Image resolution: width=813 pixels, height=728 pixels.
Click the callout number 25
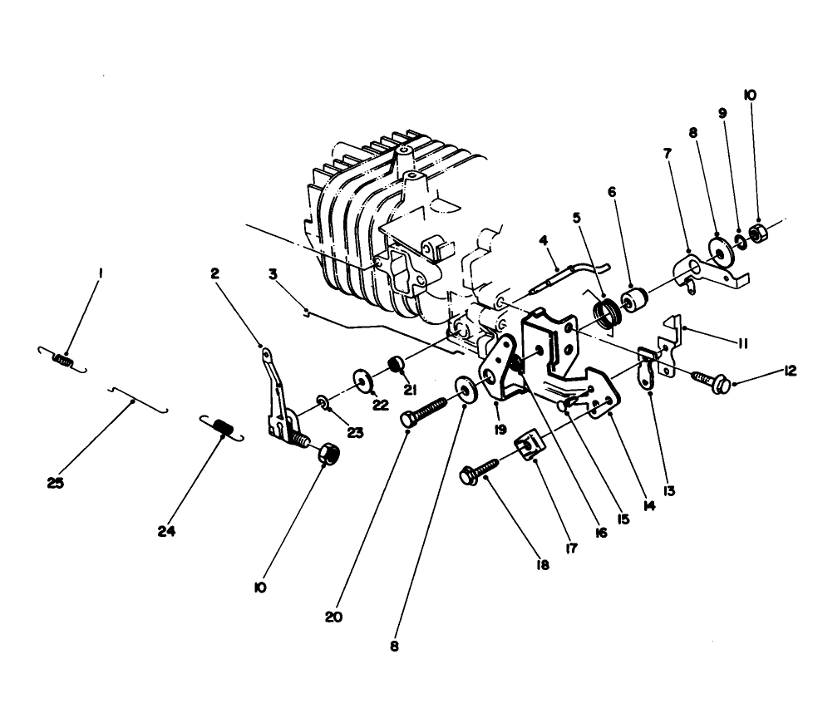click(x=56, y=482)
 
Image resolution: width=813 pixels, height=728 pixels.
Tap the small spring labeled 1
click(x=62, y=359)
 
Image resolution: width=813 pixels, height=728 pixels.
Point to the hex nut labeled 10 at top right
click(x=758, y=234)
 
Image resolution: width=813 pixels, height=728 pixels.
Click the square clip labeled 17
click(x=526, y=447)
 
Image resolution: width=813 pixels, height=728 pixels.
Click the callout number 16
click(x=599, y=531)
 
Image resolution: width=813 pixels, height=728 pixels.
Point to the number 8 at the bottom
click(x=394, y=645)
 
